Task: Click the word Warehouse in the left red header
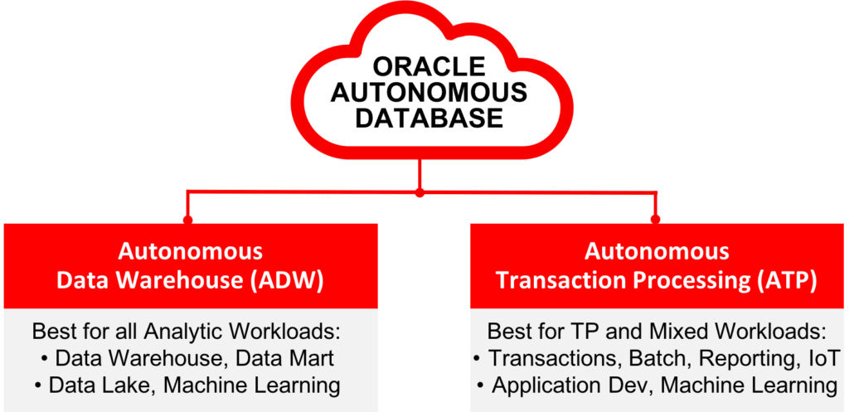[x=177, y=281]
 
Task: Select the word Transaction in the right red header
[x=569, y=281]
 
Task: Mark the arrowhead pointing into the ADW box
[x=188, y=219]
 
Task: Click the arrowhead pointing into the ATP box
[x=654, y=219]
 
